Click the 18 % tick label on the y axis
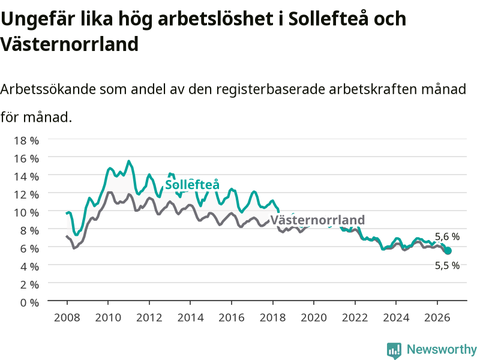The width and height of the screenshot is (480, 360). [x=26, y=140]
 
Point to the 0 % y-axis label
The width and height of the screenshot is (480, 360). [x=29, y=302]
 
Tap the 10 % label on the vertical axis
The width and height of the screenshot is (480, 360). [x=26, y=212]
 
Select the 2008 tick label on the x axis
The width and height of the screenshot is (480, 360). [x=67, y=317]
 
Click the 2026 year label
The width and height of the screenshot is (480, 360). [x=437, y=317]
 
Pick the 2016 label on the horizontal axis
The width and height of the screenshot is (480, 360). [x=232, y=317]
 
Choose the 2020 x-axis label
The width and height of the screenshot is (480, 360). [x=314, y=317]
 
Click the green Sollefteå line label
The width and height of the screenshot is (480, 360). [x=192, y=185]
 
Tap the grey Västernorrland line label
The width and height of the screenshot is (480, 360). [x=318, y=220]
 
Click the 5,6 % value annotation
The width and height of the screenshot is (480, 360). [x=447, y=236]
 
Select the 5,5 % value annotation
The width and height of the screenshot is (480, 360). [x=447, y=265]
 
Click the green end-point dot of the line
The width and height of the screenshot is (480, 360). [x=448, y=251]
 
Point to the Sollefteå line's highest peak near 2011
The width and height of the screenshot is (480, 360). [x=129, y=161]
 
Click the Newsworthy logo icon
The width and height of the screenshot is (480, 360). [x=394, y=350]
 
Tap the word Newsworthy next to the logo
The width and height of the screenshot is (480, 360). [x=442, y=349]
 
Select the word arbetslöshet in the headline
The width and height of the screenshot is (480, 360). [x=215, y=19]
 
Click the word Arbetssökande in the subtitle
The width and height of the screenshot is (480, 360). [x=48, y=89]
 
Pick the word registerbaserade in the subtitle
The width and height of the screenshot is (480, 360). [x=271, y=89]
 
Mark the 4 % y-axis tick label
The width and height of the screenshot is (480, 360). [x=29, y=266]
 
